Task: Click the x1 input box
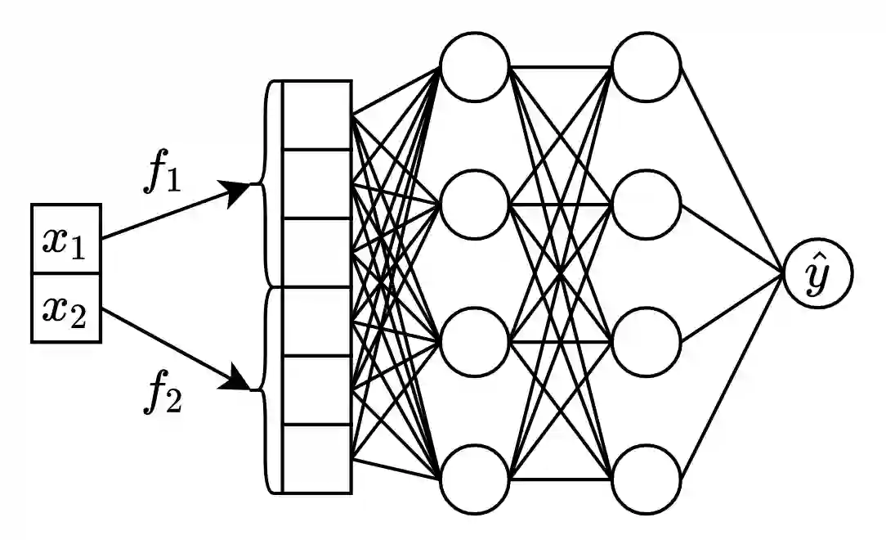tap(66, 238)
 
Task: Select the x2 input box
tap(66, 308)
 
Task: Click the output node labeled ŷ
tap(817, 273)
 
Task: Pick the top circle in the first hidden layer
tap(474, 65)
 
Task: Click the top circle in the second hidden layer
tap(647, 65)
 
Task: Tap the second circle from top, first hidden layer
tap(474, 204)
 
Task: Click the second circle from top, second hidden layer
tap(647, 204)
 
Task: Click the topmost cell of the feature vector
tap(317, 115)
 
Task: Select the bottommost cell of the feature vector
tap(317, 458)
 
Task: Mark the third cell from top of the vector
tap(317, 252)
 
